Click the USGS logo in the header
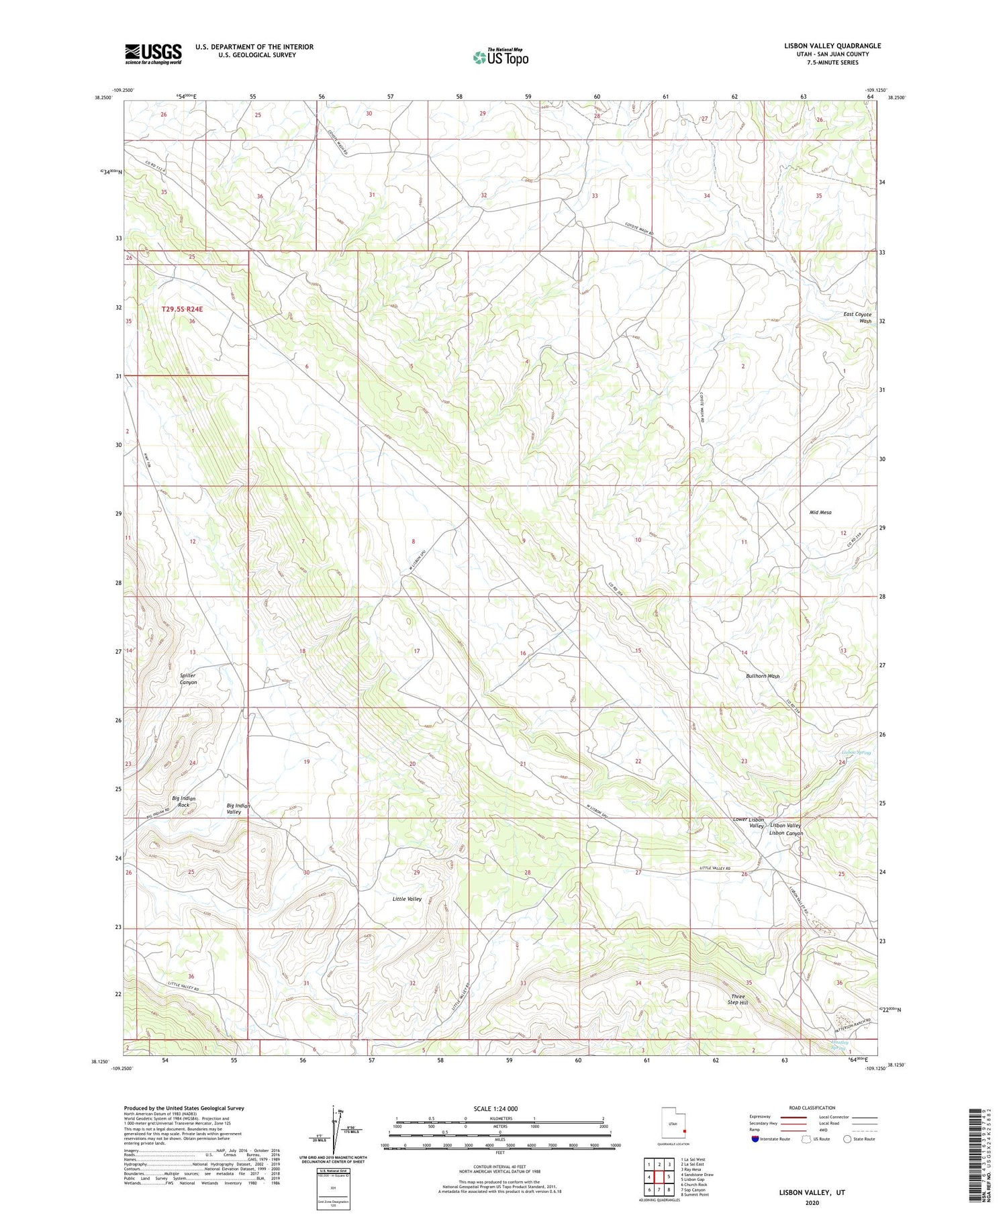[153, 54]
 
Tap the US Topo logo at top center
[500, 58]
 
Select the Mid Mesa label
[820, 512]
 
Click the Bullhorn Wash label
[763, 676]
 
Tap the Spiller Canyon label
[188, 679]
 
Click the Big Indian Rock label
[183, 801]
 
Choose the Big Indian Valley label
[238, 808]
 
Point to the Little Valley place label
[407, 899]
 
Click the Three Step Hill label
[738, 1000]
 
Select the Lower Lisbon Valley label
[748, 822]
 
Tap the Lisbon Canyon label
[785, 833]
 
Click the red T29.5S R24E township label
[181, 309]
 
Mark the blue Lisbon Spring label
[855, 752]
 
